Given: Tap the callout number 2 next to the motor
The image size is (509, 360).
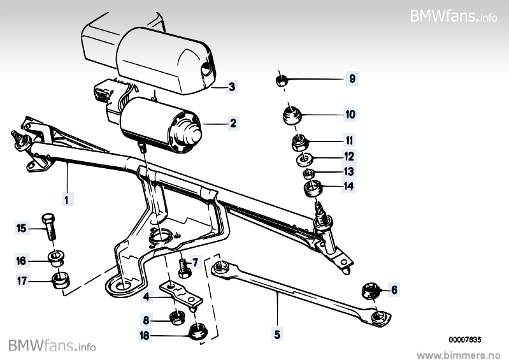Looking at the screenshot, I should coord(233,124).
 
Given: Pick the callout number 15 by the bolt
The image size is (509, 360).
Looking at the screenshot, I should coord(21,227).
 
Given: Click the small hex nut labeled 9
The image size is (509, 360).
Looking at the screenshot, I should coord(282,80).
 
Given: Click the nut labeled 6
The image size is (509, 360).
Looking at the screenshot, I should coord(369,291).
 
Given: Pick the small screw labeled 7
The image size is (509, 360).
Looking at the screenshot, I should coord(183,265).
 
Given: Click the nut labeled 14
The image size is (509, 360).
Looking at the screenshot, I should coord(310,188).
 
